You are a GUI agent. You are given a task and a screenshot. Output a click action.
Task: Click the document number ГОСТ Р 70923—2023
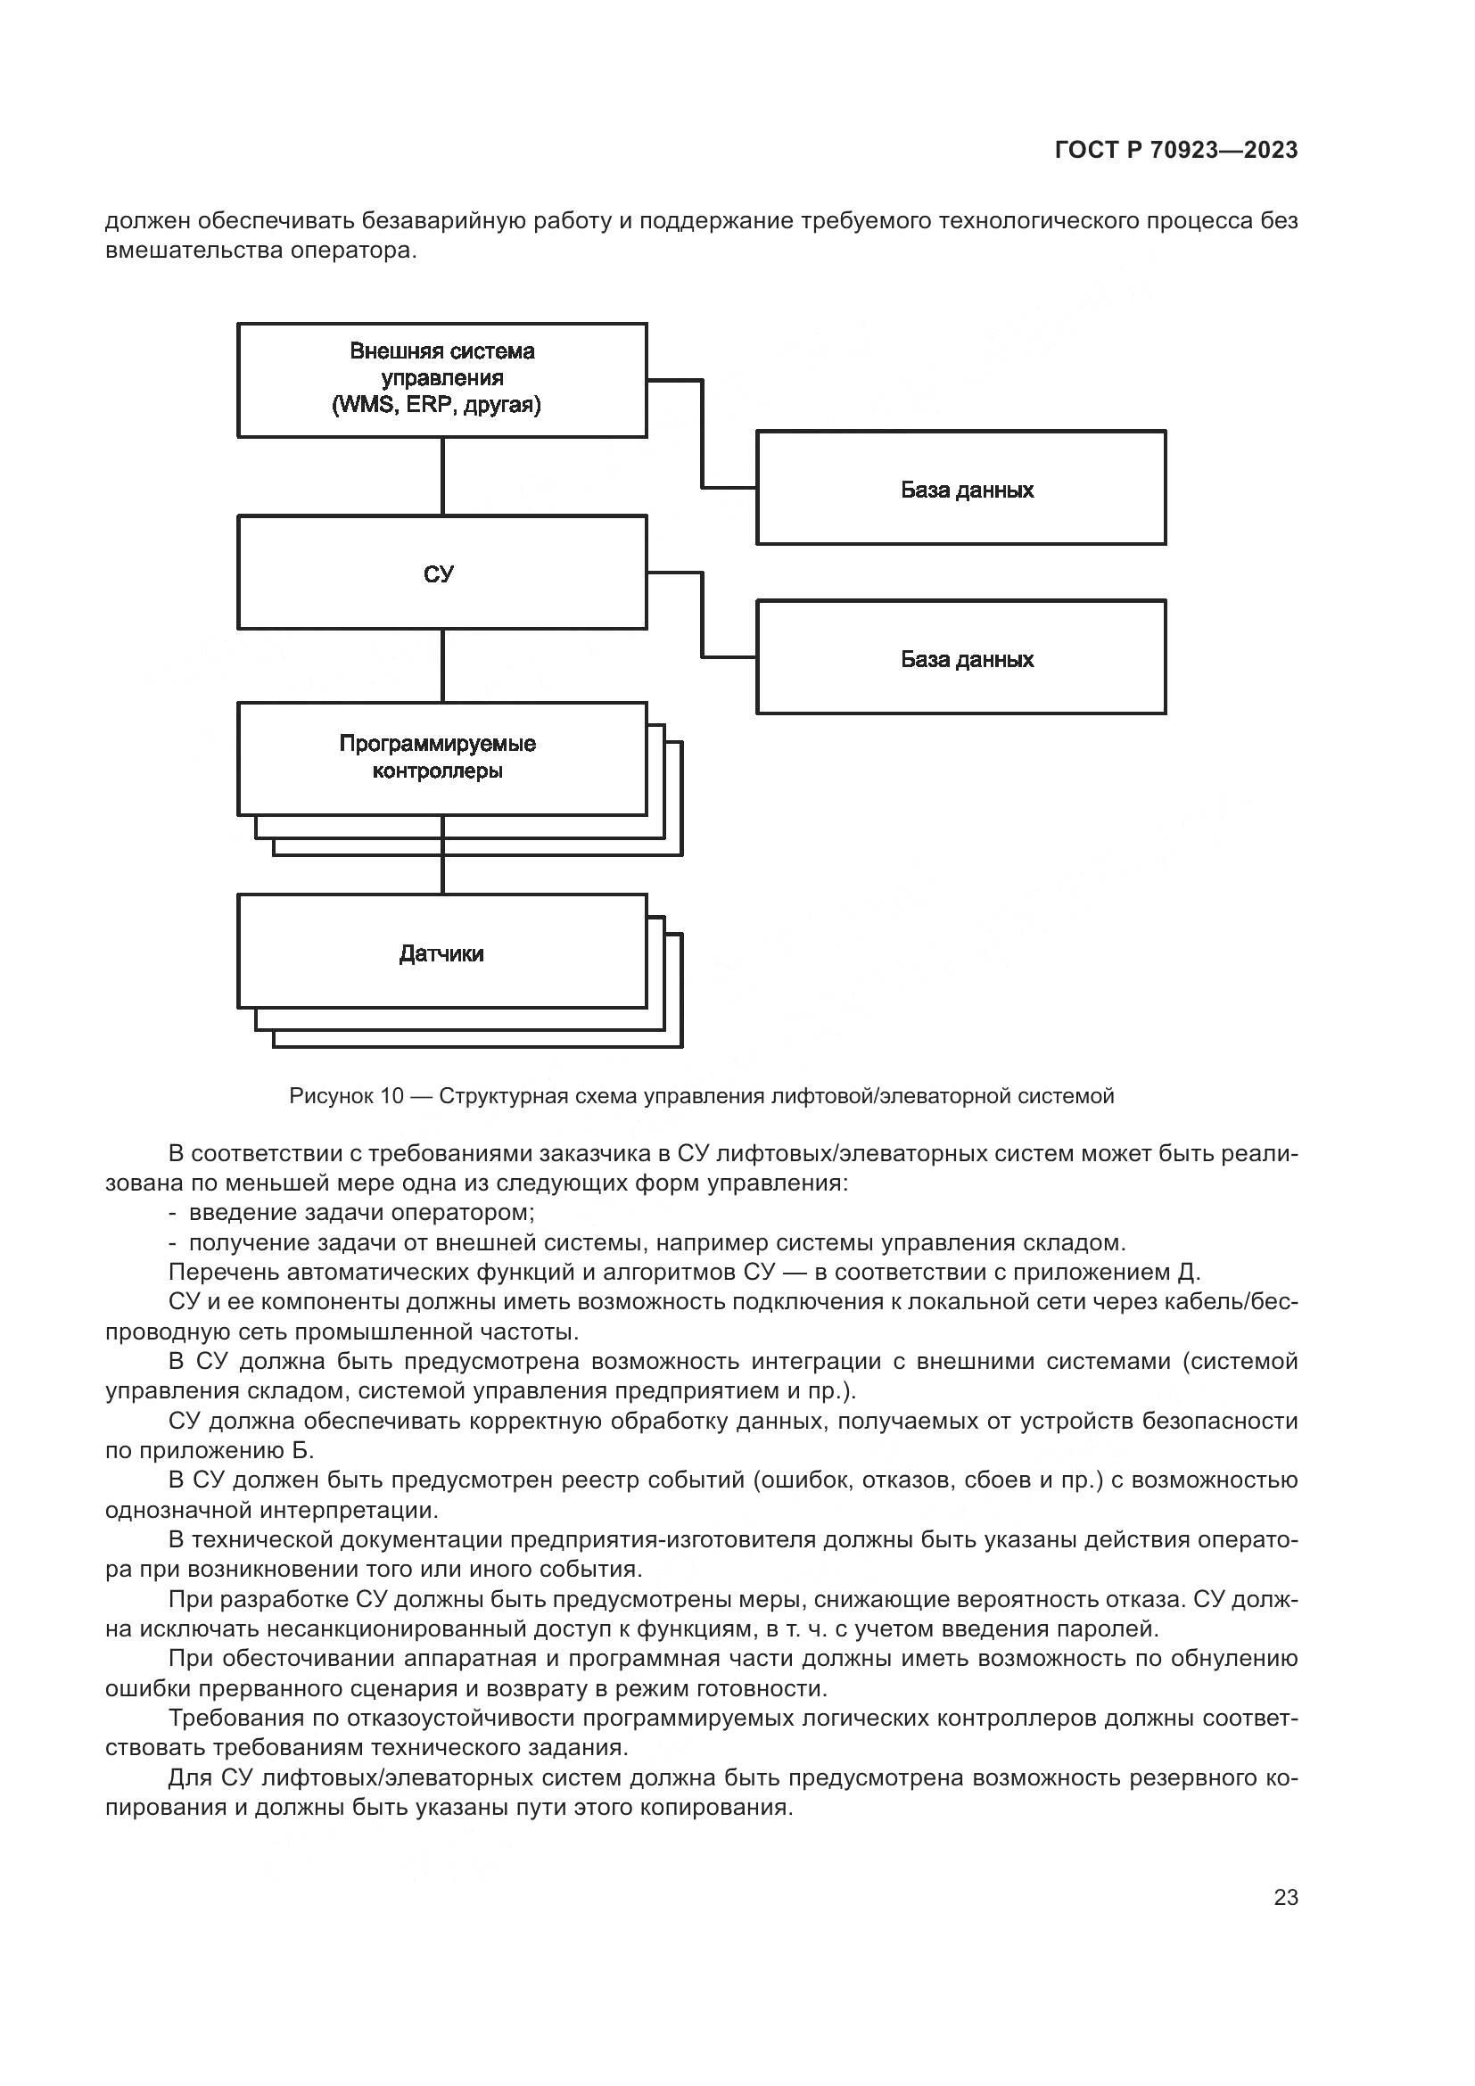tap(1176, 151)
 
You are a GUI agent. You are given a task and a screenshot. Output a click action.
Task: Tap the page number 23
tap(1285, 1897)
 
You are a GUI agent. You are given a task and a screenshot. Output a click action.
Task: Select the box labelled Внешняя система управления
tap(441, 380)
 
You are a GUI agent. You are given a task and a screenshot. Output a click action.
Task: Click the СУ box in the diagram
tap(441, 573)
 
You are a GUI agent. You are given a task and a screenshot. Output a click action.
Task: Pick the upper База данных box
tap(961, 488)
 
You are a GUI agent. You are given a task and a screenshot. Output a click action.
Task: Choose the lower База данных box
tap(961, 657)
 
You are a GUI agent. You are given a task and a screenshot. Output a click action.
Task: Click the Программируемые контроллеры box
tap(441, 759)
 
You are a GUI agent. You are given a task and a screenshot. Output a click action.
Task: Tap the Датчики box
tap(441, 952)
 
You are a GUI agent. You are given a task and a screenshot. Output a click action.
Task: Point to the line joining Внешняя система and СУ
tap(442, 476)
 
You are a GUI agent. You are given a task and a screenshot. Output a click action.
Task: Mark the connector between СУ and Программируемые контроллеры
tap(442, 665)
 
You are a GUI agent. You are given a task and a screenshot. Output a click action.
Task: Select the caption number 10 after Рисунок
tap(391, 1096)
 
